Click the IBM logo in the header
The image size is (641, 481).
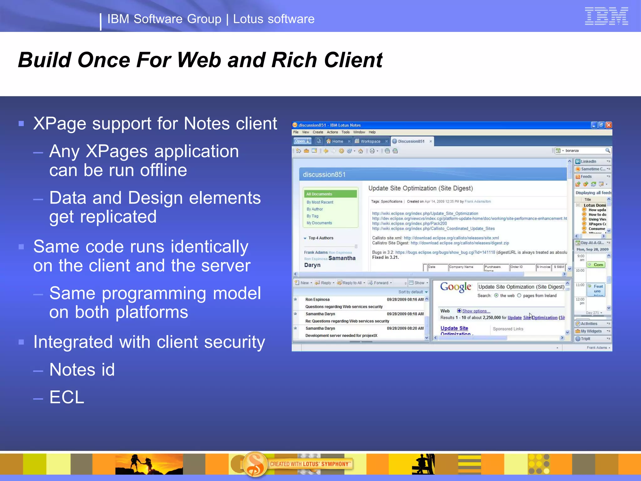(x=606, y=16)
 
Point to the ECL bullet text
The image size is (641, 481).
(x=67, y=397)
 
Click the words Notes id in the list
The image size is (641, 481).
(x=82, y=370)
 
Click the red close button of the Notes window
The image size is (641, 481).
(x=608, y=125)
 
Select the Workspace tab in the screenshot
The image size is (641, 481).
(x=370, y=141)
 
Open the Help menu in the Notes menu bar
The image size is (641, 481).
(x=372, y=132)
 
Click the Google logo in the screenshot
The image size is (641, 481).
(x=455, y=287)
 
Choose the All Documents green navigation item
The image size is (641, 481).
(x=330, y=194)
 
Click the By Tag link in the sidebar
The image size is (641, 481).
(x=312, y=216)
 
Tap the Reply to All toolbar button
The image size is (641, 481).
(x=351, y=283)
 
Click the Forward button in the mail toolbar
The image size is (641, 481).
(x=380, y=283)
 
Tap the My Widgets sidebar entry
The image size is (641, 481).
(x=591, y=331)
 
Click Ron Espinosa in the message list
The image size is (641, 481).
(x=317, y=300)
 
